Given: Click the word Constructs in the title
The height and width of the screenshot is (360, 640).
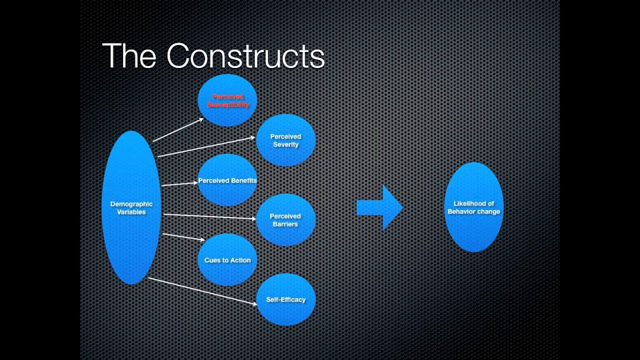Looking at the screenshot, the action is point(245,56).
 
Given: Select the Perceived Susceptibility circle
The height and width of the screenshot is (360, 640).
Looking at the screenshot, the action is point(227,100).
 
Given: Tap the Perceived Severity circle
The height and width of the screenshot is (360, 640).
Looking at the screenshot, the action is point(285,140).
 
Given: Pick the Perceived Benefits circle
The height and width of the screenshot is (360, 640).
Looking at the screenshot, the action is point(227,180).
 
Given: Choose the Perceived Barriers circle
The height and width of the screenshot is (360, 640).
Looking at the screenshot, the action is point(285,220).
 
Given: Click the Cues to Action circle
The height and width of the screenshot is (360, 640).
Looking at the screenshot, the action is point(227,260).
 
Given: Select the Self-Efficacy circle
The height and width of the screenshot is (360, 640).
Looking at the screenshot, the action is point(285,300).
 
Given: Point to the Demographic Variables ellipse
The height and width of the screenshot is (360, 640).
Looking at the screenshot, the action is point(131,207).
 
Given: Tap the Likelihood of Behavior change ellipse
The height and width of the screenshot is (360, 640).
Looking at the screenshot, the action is point(473,207).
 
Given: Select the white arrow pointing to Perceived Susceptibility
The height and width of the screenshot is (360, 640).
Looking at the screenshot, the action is point(178,130).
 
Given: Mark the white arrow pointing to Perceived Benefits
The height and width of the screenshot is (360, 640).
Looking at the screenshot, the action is point(179,184).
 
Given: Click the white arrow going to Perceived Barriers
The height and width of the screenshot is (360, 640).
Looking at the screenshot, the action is point(209,216).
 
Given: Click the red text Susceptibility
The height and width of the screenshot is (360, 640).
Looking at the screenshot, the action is point(228,105).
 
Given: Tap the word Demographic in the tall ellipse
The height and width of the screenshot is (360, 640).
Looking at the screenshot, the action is point(131,204).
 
